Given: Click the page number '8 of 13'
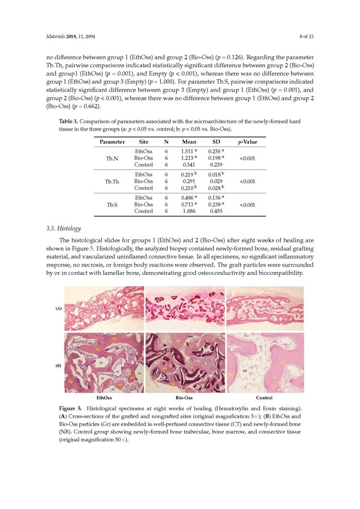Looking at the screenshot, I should coord(305,37).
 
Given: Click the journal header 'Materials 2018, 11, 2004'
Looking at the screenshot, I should coord(71,37).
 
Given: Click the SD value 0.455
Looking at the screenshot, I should coord(216,211).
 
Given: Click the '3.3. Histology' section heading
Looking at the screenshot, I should coord(63,228).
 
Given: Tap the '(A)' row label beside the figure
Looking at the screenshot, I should coord(58,309).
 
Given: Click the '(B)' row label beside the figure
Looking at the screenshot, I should coord(58,365).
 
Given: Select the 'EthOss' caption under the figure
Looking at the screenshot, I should coord(104,398).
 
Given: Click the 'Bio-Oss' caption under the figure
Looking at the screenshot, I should coord(186,398).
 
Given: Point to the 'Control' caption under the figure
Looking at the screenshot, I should coord(264,398).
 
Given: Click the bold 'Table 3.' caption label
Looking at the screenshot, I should coord(69,122).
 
